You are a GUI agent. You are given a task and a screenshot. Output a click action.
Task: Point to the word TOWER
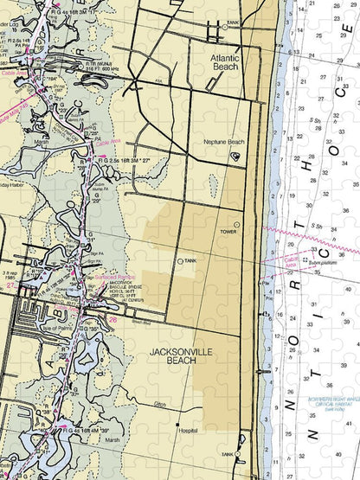[228, 233]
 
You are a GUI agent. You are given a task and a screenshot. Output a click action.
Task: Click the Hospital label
[186, 429]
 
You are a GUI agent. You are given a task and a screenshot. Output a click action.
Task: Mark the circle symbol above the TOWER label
[235, 224]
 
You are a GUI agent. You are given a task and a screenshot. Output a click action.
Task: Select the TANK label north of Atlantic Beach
[231, 22]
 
